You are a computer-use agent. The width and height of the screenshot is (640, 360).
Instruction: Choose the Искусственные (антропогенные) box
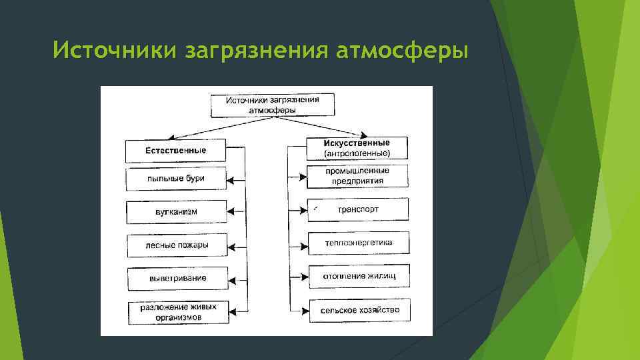tap(357, 148)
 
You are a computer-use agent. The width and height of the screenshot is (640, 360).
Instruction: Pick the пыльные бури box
tap(176, 179)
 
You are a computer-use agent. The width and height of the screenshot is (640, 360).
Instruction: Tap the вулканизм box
tap(176, 212)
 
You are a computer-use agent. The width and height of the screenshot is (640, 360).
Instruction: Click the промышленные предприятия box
tap(358, 176)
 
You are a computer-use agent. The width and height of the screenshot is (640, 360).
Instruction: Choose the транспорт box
tap(358, 209)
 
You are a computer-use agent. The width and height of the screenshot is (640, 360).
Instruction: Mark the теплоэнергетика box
tap(358, 243)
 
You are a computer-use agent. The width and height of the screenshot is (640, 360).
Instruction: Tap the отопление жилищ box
tap(358, 276)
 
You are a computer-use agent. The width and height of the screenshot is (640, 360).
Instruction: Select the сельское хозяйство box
tap(358, 311)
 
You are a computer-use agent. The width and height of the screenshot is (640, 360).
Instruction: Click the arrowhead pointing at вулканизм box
tap(231, 212)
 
